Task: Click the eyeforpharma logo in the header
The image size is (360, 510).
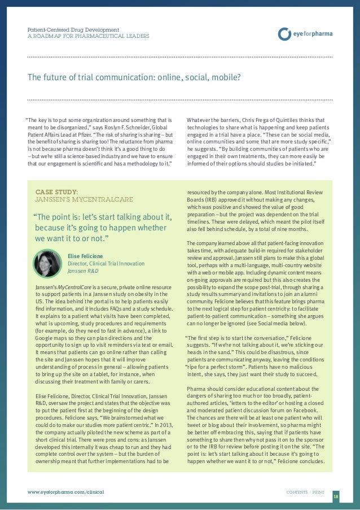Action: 305,33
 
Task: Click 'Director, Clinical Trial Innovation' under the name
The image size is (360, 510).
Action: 106,263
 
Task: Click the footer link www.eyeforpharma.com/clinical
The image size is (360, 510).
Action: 65,492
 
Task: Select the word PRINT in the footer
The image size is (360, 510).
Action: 320,492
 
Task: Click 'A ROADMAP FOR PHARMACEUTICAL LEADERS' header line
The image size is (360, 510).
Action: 89,36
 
